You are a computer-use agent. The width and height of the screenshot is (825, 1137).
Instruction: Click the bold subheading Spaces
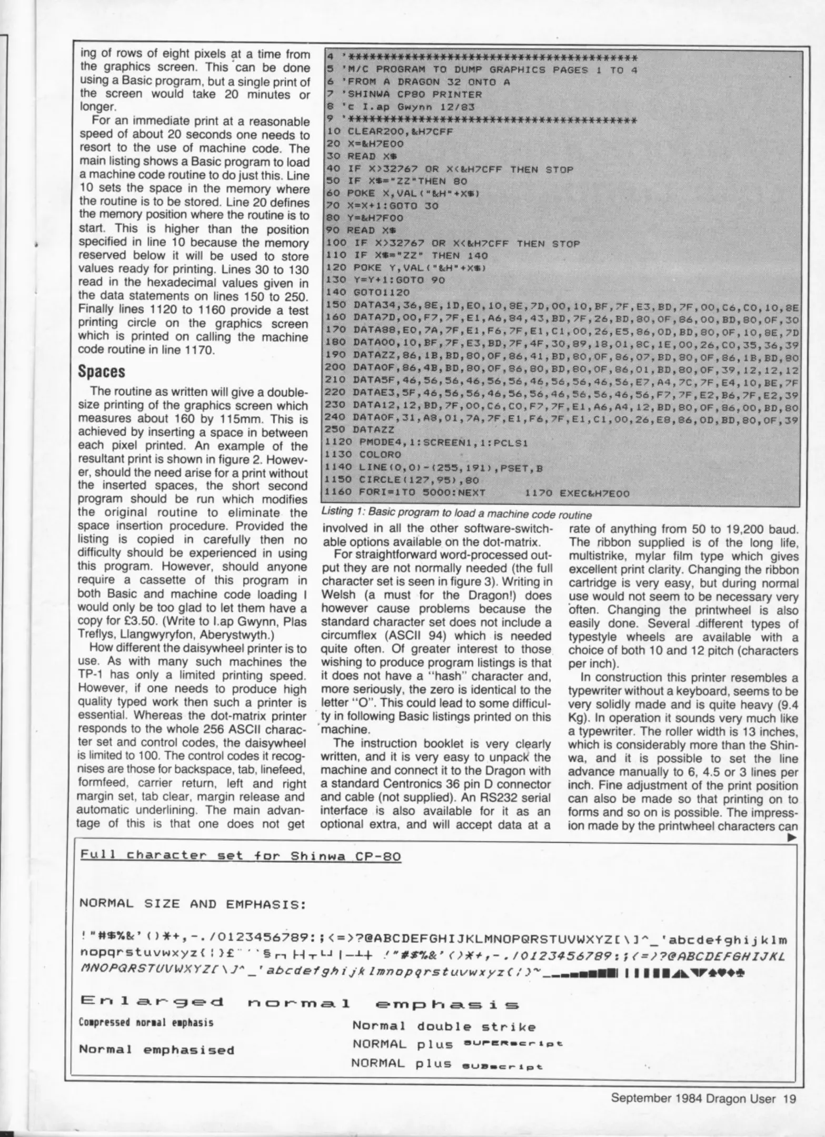(102, 372)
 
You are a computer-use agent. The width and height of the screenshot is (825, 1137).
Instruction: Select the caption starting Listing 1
(456, 515)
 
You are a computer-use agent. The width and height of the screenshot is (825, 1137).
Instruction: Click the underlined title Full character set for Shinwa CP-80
(241, 856)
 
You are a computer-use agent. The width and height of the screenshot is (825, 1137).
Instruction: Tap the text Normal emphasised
(156, 1050)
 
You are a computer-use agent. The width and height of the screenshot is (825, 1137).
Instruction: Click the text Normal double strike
(443, 1026)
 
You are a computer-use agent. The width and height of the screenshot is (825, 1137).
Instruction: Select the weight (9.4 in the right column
(781, 705)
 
